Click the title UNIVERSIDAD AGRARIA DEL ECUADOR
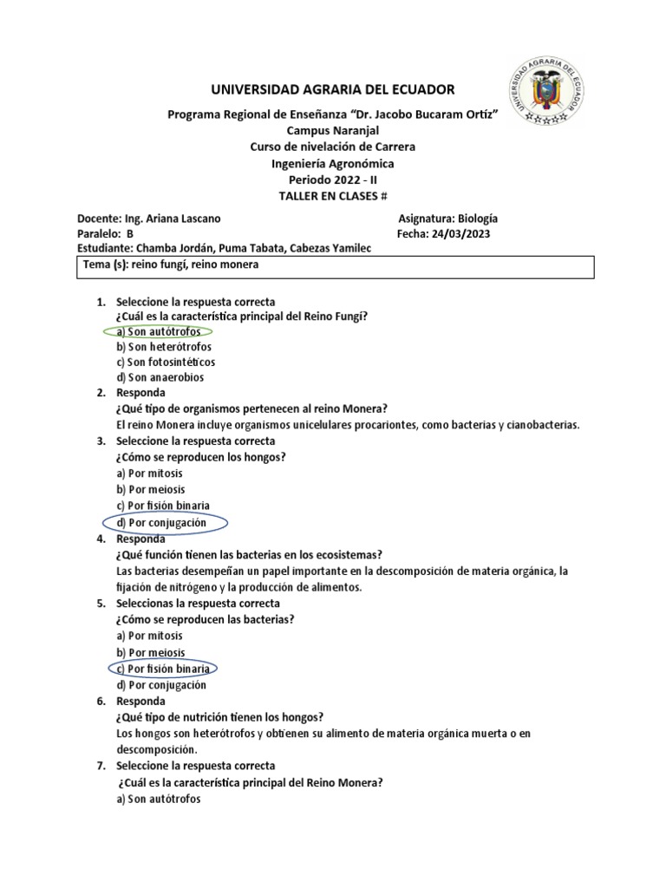pyautogui.click(x=333, y=90)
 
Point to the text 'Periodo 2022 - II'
pyautogui.click(x=333, y=180)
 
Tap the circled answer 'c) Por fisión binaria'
pyautogui.click(x=164, y=669)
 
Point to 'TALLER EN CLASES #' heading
pyautogui.click(x=333, y=196)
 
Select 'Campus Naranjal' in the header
pyautogui.click(x=333, y=130)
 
